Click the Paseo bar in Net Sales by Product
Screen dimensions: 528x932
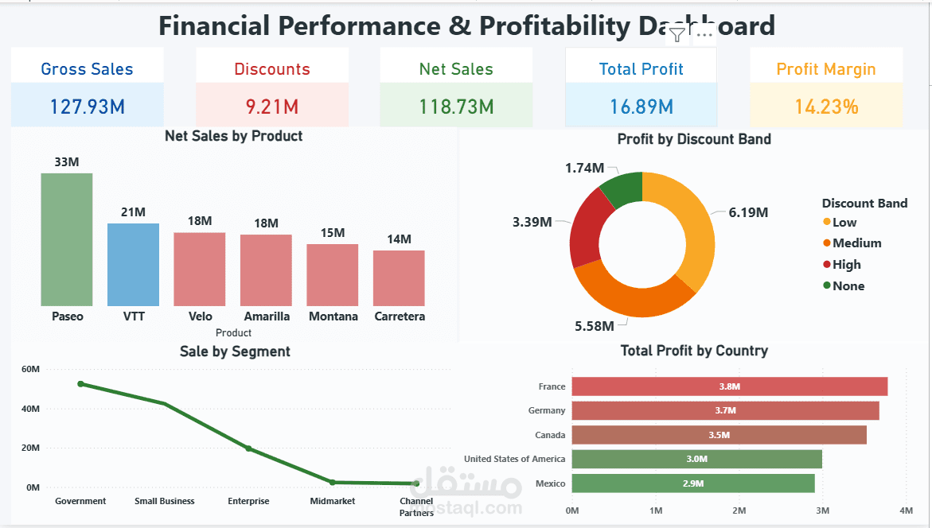pos(67,239)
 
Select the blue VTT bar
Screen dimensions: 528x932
pos(133,264)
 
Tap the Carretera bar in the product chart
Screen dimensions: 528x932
pos(399,278)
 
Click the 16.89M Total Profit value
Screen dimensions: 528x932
pos(641,107)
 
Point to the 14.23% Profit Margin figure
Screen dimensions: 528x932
pos(826,107)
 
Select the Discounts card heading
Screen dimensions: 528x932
pos(272,69)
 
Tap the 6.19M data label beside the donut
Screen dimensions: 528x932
pos(748,212)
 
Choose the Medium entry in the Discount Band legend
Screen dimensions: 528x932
pos(856,243)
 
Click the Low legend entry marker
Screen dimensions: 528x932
pos(827,223)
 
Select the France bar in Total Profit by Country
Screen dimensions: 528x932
pos(729,386)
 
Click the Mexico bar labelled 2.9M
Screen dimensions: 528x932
pos(692,483)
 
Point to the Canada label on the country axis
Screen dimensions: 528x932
pos(550,435)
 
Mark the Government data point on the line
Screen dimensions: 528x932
pos(80,384)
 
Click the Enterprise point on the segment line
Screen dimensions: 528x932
pos(248,448)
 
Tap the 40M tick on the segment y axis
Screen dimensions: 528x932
pos(31,409)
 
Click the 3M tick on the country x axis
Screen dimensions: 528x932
pos(822,510)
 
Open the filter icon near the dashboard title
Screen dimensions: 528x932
pos(677,34)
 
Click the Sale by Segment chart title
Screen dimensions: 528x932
pos(235,351)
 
